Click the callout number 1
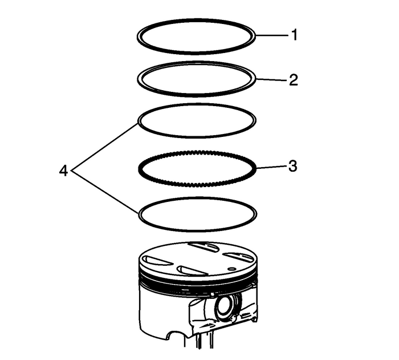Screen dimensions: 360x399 coord(294,36)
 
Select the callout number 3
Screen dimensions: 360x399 coord(293,167)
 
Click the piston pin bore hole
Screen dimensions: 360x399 coord(223,307)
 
